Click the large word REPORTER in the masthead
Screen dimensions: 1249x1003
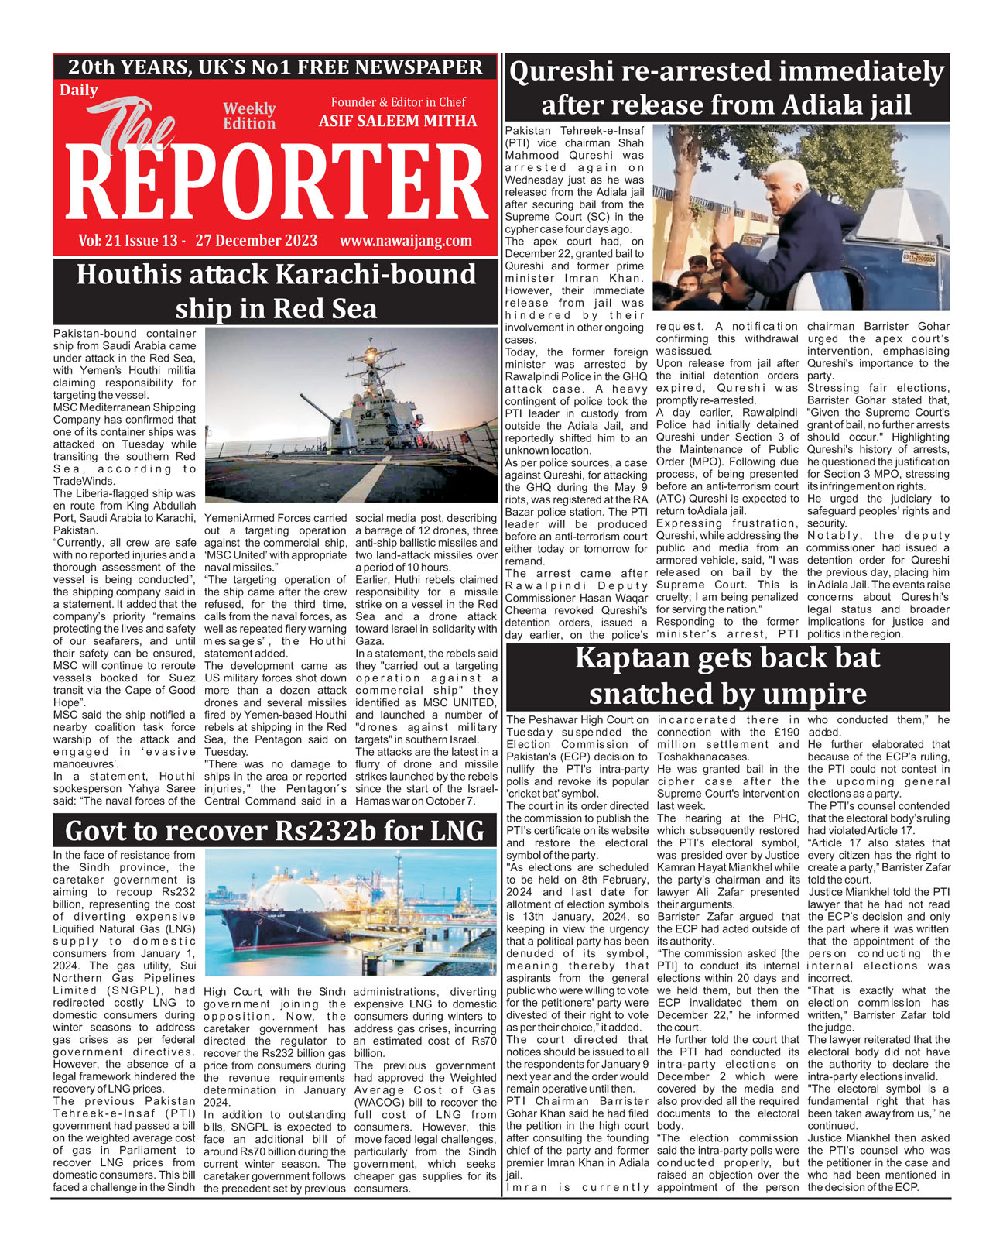[275, 186]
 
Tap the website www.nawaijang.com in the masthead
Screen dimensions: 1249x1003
[406, 241]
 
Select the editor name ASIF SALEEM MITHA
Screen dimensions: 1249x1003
[398, 122]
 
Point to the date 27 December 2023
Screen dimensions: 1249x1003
[256, 241]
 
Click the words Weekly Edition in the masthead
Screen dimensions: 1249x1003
[249, 116]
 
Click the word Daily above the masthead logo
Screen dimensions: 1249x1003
[79, 91]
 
